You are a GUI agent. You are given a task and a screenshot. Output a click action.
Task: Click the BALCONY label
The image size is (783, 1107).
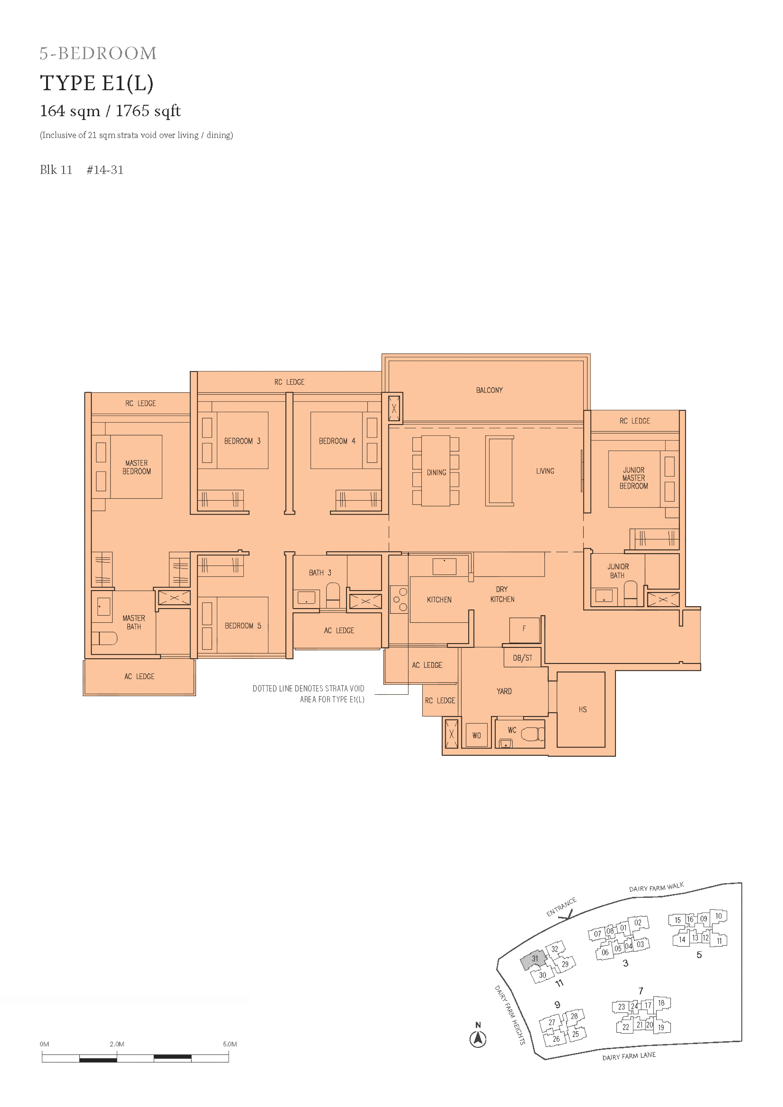pyautogui.click(x=489, y=390)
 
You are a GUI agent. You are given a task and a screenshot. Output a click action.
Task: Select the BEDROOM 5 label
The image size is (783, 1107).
pyautogui.click(x=243, y=626)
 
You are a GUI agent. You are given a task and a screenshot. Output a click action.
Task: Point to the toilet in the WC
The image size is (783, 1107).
pyautogui.click(x=533, y=734)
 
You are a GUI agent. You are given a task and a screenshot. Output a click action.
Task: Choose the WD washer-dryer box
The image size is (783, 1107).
pyautogui.click(x=477, y=735)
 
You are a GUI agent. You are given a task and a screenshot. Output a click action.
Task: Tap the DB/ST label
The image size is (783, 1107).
pyautogui.click(x=523, y=658)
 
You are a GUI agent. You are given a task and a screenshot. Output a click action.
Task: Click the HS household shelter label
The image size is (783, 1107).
pyautogui.click(x=583, y=709)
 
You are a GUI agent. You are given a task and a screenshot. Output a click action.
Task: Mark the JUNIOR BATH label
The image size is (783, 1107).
pyautogui.click(x=618, y=571)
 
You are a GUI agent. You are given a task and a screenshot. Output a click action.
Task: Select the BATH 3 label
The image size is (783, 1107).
pyautogui.click(x=320, y=573)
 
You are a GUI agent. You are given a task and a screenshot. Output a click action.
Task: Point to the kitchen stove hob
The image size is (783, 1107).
pyautogui.click(x=399, y=599)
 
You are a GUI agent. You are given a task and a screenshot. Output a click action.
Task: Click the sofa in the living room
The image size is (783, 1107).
pyautogui.click(x=500, y=471)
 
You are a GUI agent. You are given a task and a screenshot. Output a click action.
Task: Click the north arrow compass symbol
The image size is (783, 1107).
pyautogui.click(x=478, y=1039)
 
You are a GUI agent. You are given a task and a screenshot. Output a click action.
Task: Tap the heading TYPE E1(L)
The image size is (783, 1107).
pyautogui.click(x=97, y=83)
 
